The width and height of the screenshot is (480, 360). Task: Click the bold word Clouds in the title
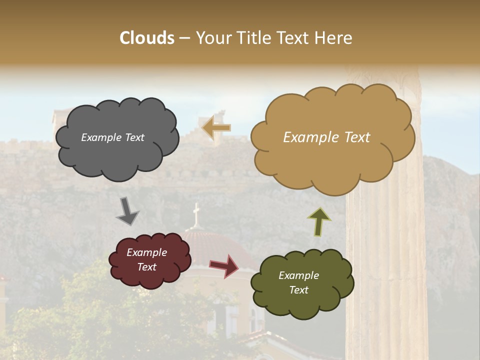[147, 38]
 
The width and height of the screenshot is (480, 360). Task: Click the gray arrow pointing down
[127, 211]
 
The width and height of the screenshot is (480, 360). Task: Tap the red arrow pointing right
[224, 265]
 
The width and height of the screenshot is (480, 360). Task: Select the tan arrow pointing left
[216, 128]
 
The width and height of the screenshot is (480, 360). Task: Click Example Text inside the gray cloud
[112, 137]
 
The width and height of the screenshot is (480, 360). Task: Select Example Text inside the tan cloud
[326, 137]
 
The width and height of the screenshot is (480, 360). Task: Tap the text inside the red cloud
[146, 260]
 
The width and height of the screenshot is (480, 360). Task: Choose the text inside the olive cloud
[298, 283]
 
